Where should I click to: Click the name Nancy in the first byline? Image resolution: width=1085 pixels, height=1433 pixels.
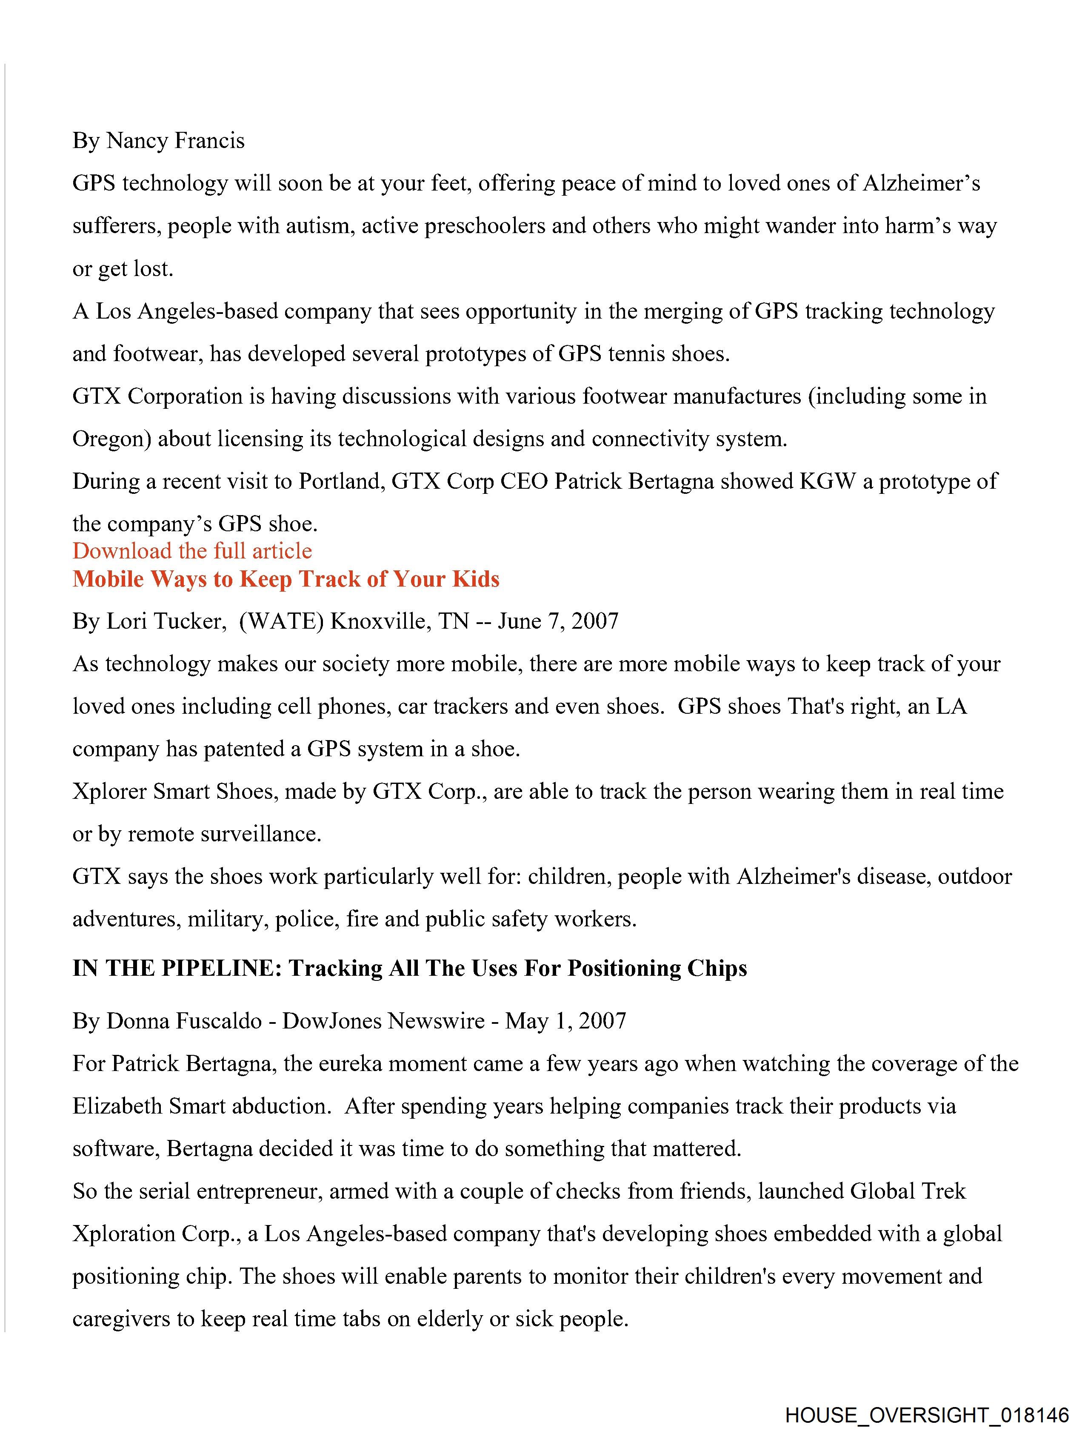(136, 141)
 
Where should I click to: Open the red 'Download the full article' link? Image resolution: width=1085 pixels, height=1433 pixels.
(192, 551)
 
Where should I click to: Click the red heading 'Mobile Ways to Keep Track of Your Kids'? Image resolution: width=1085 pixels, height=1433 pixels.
(286, 578)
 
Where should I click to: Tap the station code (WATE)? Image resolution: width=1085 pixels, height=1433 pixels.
(281, 621)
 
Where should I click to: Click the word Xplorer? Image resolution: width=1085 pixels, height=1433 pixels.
(109, 792)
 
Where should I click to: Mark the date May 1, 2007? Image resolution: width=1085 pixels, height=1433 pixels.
(565, 1021)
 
